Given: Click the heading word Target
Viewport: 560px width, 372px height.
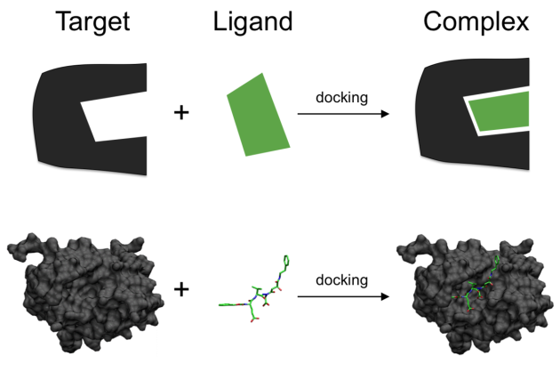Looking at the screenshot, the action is pos(92,22).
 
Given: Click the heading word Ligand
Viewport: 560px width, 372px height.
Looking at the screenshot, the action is pos(252,22).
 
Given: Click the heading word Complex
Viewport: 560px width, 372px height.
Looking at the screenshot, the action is pos(476,22).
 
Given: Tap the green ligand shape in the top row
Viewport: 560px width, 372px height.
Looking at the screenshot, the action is pos(258,115).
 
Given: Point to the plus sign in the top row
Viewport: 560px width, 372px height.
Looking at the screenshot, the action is pos(181,113).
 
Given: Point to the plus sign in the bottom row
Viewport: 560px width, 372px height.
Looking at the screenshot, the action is pos(181,289).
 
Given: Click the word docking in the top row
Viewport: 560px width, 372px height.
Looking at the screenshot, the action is pos(342,98).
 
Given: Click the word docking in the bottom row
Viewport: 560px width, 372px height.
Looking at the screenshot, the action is pos(342,280).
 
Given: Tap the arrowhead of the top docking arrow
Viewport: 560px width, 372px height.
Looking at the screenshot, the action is pos(385,114).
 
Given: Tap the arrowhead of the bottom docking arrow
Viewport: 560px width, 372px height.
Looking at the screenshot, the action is pos(385,296).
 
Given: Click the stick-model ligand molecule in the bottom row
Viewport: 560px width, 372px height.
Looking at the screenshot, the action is pos(254,289).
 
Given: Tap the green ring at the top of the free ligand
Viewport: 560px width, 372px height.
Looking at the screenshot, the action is pos(286,261).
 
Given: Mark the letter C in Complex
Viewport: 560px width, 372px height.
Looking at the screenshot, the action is pos(434,21).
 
